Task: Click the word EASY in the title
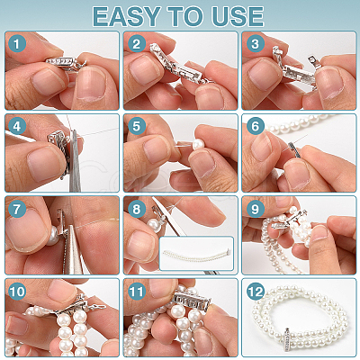tap(126, 16)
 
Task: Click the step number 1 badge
tap(17, 44)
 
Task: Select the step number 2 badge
tap(137, 44)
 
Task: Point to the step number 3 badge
tap(256, 44)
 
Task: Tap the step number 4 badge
tap(17, 126)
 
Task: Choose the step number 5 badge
tap(137, 126)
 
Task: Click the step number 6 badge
tap(256, 126)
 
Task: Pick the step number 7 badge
tap(17, 209)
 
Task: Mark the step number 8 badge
tap(137, 209)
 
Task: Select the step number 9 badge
tap(256, 209)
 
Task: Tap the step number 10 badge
tap(17, 292)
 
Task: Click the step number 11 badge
tap(137, 292)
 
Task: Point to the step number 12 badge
tap(256, 292)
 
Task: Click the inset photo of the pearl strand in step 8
tap(196, 254)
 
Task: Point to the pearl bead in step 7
tap(54, 235)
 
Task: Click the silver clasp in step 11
tap(191, 299)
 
